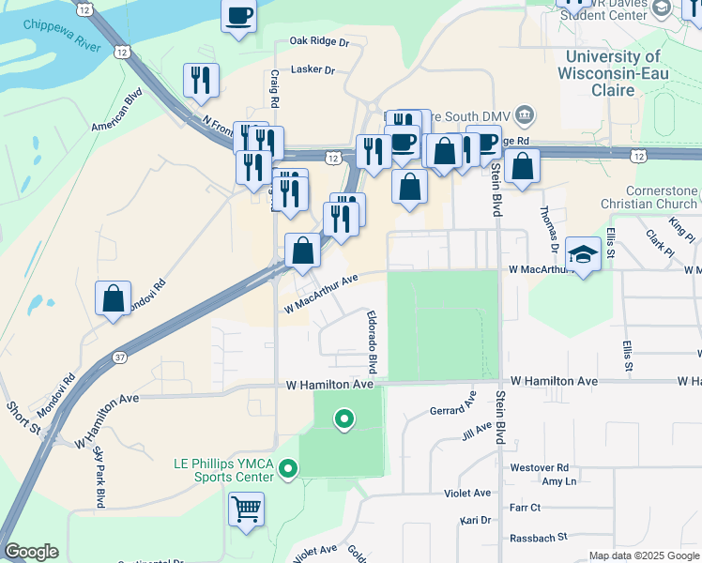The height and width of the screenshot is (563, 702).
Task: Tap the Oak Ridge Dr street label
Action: pos(319,42)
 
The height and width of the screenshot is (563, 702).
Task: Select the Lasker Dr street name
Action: pos(313,69)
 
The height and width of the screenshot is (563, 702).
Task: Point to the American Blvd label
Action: pos(116,108)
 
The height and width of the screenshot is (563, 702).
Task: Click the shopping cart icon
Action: pos(246,510)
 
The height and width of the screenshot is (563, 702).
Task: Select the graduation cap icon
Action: pos(583,254)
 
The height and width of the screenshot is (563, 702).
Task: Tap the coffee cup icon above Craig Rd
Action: pos(238,15)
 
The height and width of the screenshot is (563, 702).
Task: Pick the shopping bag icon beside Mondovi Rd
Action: pos(113,298)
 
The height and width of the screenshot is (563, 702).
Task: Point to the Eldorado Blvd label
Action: pos(373,340)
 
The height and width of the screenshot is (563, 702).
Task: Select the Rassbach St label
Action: pos(539,538)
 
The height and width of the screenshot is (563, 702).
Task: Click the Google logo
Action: pos(31,552)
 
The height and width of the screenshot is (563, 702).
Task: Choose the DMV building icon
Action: pos(525,116)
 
